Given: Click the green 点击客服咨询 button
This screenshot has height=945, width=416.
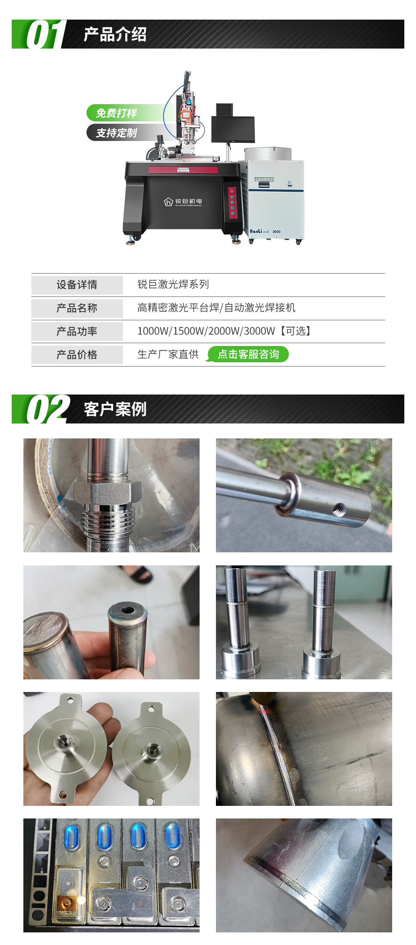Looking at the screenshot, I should point(248,354).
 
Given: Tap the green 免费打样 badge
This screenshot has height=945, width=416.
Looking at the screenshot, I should point(117,113).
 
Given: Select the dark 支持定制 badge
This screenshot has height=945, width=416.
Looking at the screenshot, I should point(116,133).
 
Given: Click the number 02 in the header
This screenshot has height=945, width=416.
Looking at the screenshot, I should point(46,409).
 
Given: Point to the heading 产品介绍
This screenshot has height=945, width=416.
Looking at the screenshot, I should point(115,35).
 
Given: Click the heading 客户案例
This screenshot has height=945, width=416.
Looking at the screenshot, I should point(115,409).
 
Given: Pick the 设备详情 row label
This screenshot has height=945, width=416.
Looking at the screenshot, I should point(77,285).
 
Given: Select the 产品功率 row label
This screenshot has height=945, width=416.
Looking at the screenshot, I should point(77,331).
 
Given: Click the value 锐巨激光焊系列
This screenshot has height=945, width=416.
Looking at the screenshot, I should point(173,284).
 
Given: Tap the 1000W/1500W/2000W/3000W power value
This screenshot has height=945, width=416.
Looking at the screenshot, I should point(206,331).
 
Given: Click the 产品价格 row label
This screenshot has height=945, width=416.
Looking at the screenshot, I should point(77,355).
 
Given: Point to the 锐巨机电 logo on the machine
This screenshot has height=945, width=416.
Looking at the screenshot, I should point(183,202).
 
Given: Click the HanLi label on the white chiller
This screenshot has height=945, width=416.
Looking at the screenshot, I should point(256,231).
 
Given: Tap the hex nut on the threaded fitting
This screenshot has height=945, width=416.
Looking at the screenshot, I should point(108,493).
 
